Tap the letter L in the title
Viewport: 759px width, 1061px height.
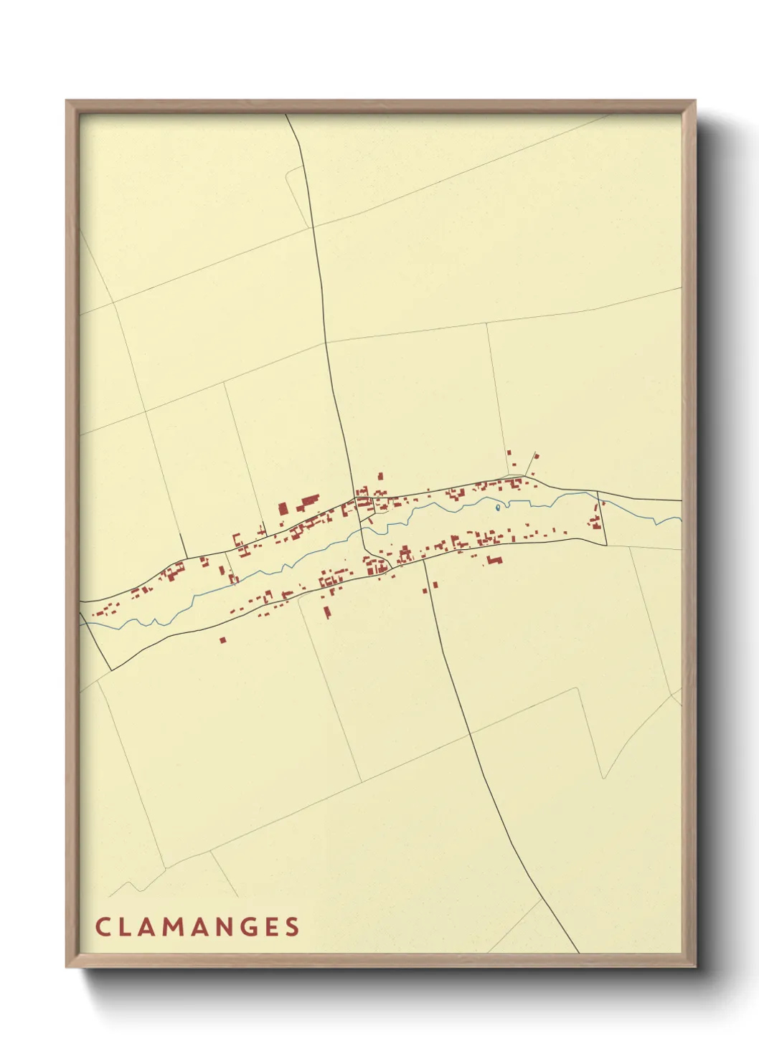(124, 926)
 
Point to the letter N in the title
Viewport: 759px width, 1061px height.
(222, 926)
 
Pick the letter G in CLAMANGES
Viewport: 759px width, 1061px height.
(247, 926)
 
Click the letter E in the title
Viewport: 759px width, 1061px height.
(270, 926)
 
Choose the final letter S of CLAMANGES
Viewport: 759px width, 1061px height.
(292, 926)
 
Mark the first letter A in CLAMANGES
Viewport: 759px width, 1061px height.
(146, 926)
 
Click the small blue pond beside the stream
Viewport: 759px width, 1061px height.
(497, 508)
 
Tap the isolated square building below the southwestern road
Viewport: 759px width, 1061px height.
(223, 639)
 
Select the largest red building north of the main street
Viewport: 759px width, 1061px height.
(308, 501)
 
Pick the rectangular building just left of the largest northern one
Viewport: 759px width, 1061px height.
(283, 508)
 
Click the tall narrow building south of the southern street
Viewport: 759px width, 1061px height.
(327, 612)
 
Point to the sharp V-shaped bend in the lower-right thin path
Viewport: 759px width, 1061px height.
(601, 778)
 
